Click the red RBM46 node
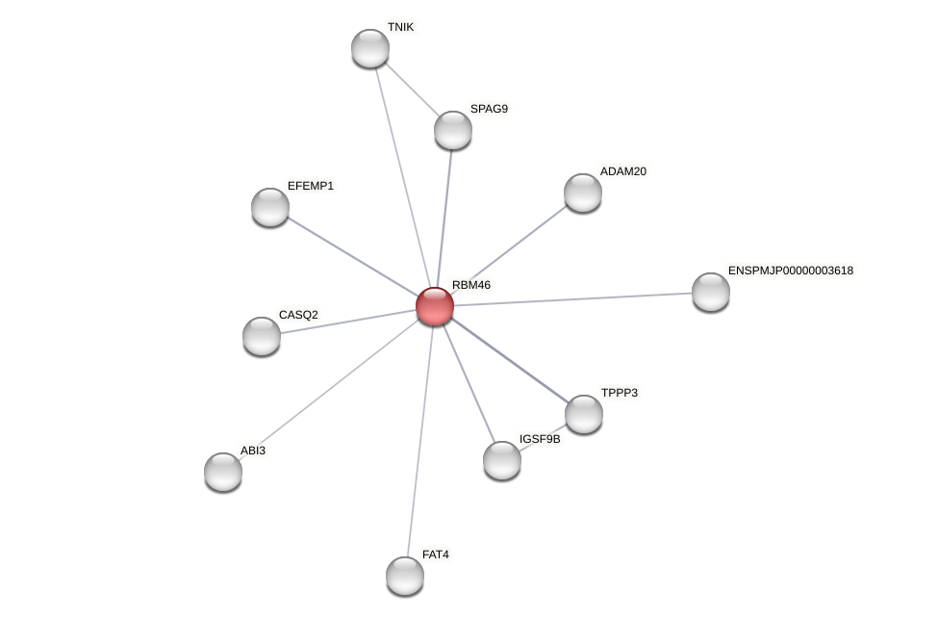coord(435,306)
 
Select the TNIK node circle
coord(370,48)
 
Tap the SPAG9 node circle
coord(453,130)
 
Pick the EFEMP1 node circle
coord(270,207)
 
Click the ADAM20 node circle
coord(583,193)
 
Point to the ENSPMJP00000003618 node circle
coord(711,292)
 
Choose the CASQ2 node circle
coord(262,336)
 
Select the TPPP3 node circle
coord(584,414)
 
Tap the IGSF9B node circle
coord(502,460)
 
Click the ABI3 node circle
coord(223,472)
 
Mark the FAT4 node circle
coord(405,576)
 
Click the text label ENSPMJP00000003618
coord(790,271)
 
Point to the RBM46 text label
coord(471,285)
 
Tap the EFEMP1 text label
coord(311,186)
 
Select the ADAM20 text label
coord(623,171)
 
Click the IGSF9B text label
coord(540,439)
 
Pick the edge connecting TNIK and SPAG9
coord(412,90)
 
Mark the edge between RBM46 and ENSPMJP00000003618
coord(572,299)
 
